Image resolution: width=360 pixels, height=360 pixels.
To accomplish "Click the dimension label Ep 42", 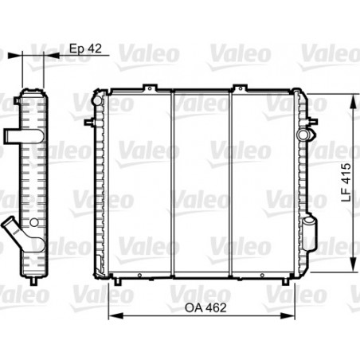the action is coord(85,49).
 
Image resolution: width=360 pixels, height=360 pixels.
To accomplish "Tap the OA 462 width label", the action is coord(205,307).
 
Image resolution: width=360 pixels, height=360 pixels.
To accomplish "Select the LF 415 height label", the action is coord(346,182).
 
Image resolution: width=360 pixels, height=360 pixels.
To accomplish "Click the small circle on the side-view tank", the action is coord(34,222).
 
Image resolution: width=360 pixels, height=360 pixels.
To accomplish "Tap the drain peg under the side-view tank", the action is coord(33,281).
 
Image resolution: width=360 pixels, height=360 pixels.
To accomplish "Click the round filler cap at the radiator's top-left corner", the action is coord(97,100).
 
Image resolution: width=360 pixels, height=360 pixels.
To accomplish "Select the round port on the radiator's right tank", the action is coord(303,134).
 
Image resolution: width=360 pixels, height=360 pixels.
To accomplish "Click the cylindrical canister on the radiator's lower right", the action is coord(310,234).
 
